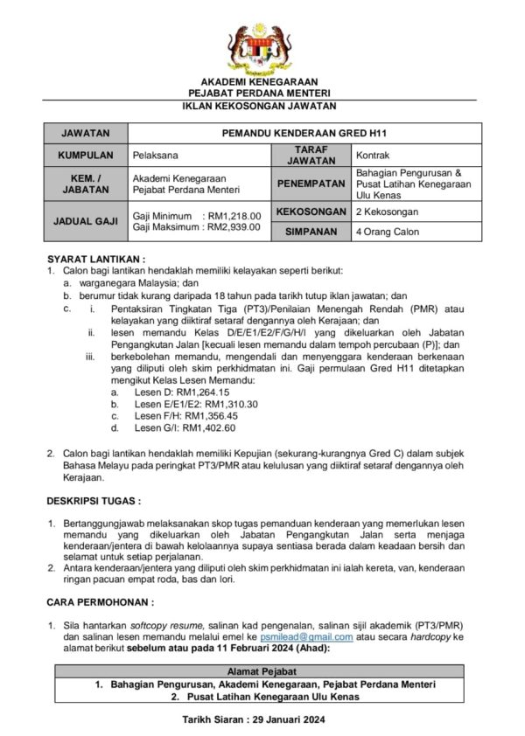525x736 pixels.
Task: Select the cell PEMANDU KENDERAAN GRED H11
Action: pos(304,134)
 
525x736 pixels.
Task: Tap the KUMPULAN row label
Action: pos(86,155)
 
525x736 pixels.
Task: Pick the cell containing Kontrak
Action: pos(416,155)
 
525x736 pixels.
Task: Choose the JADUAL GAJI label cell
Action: pos(86,221)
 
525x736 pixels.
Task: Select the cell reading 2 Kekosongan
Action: pos(416,212)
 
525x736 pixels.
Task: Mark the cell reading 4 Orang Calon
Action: pos(416,232)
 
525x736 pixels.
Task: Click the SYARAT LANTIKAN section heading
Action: pos(96,259)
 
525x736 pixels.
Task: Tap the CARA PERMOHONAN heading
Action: pos(100,601)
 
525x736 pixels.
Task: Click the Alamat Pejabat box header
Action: pos(262,669)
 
